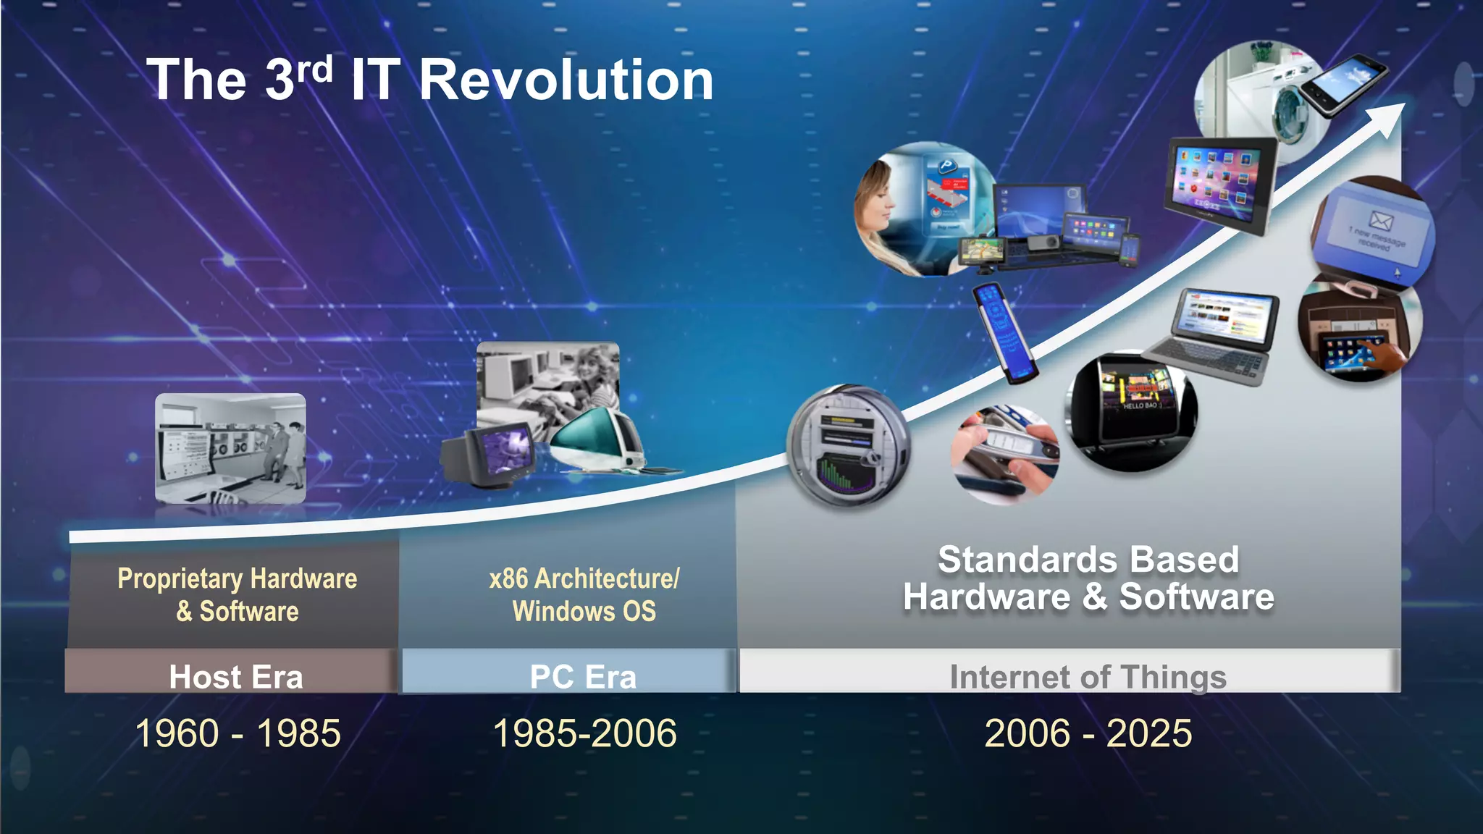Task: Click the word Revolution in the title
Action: pyautogui.click(x=566, y=80)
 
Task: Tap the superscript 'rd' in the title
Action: pyautogui.click(x=314, y=71)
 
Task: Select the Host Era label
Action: pyautogui.click(x=235, y=677)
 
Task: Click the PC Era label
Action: pyautogui.click(x=583, y=677)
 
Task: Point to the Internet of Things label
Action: pyautogui.click(x=1088, y=677)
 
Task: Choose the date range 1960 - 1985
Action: pyautogui.click(x=238, y=733)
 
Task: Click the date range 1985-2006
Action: pyautogui.click(x=584, y=733)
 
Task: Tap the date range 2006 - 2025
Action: pyautogui.click(x=1088, y=733)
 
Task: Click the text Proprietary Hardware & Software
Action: pyautogui.click(x=238, y=594)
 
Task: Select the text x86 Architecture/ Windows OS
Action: pyautogui.click(x=584, y=594)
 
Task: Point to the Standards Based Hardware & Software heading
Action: pyautogui.click(x=1088, y=578)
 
